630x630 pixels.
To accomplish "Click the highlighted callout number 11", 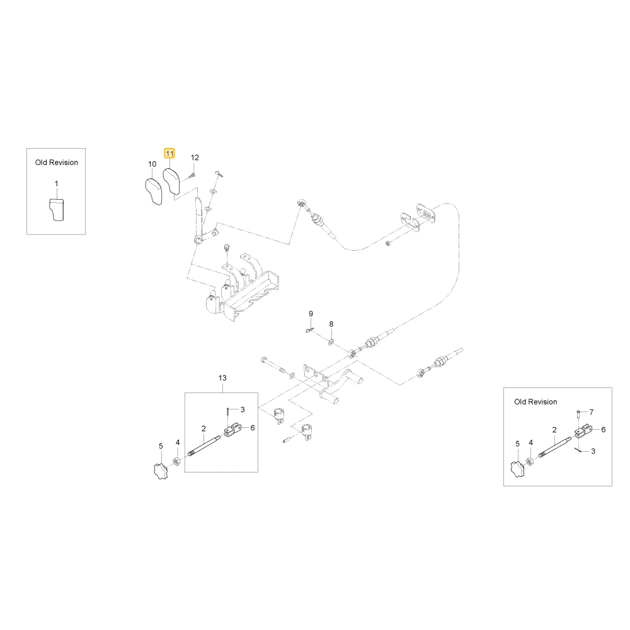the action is (169, 154).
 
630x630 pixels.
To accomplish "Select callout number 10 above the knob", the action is (152, 164).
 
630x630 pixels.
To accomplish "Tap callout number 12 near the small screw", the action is (195, 157).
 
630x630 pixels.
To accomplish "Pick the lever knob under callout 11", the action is (171, 181).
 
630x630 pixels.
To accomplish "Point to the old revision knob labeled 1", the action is (56, 209).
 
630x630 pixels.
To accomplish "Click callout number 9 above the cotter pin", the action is (311, 313).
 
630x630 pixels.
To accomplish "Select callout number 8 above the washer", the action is (331, 324).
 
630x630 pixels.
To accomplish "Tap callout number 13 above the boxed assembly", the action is (222, 377).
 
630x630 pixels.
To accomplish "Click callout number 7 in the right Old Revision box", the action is (592, 412).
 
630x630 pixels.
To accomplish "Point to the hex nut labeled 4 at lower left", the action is (176, 461).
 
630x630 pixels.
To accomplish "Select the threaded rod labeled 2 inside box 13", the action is (204, 445).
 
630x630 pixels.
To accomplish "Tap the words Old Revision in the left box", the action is (57, 163).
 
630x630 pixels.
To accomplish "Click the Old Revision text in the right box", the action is (535, 402).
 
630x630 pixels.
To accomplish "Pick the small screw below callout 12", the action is (192, 176).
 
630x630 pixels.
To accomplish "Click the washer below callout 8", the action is (331, 342).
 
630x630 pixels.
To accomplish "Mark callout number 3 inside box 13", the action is (243, 409).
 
